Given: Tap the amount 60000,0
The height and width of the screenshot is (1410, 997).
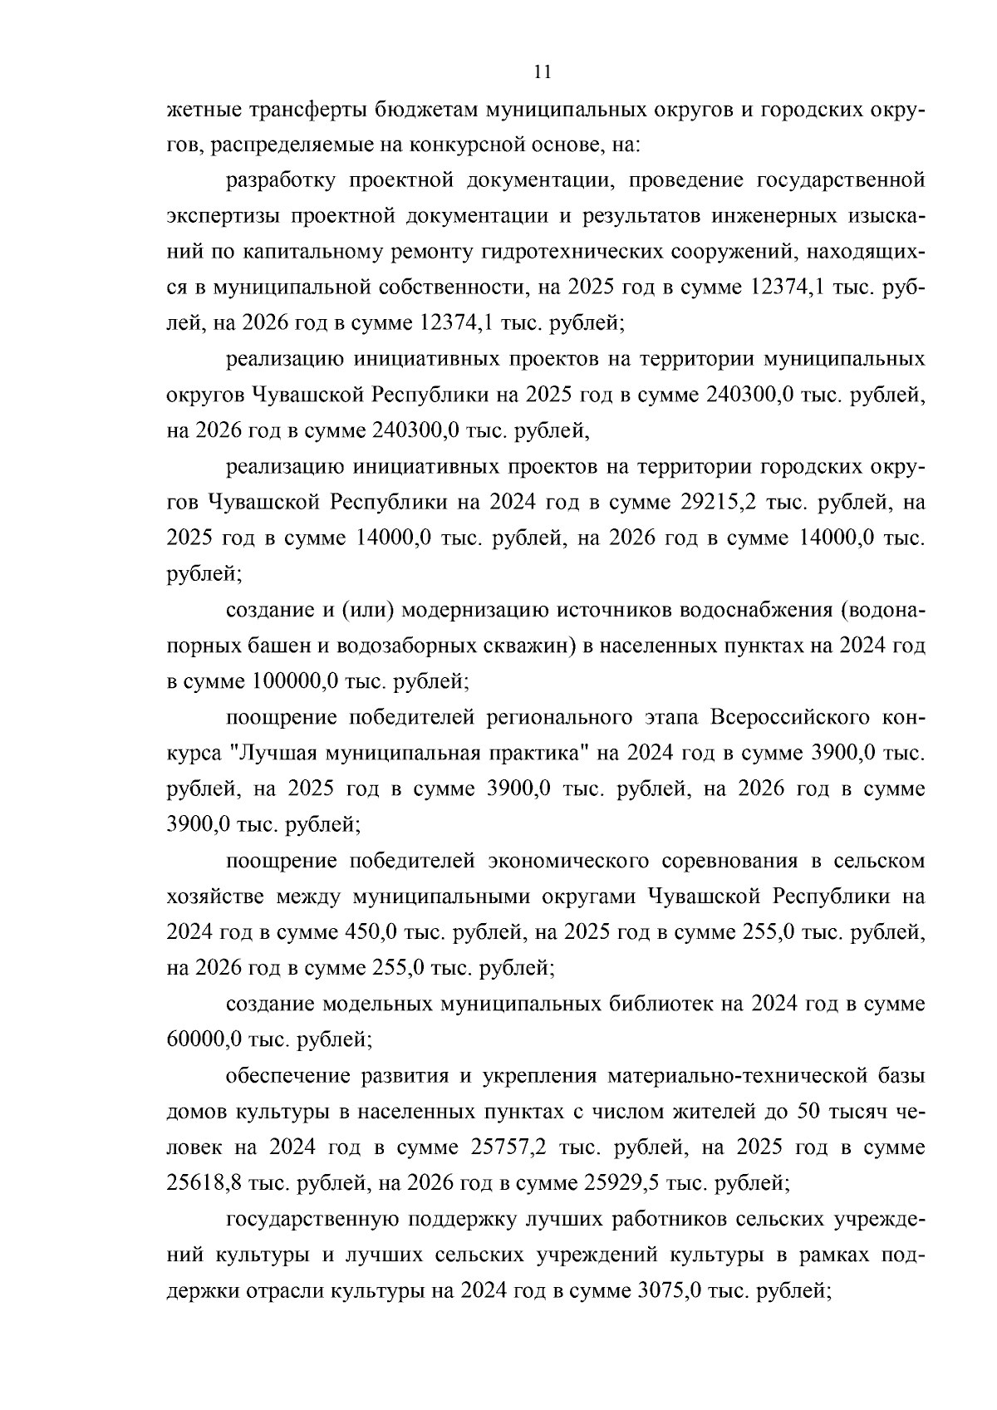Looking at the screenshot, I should [202, 1039].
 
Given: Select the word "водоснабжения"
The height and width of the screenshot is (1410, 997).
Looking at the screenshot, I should [754, 611].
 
